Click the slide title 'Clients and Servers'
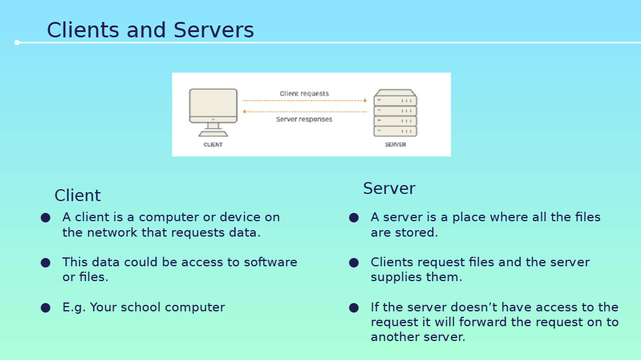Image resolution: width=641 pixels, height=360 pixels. [x=150, y=30]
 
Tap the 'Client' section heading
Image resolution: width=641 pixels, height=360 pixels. [x=78, y=195]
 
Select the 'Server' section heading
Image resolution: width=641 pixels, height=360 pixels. [x=389, y=189]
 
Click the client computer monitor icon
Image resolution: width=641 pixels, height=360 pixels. [x=213, y=112]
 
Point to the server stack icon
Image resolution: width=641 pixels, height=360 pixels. [x=395, y=113]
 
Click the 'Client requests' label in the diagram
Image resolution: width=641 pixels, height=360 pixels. [x=304, y=94]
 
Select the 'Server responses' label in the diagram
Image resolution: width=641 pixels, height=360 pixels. [x=304, y=119]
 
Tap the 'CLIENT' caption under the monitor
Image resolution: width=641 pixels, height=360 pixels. [x=213, y=145]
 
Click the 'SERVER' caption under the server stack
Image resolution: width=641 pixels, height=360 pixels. [x=395, y=145]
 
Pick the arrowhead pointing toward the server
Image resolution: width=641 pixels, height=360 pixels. [x=365, y=100]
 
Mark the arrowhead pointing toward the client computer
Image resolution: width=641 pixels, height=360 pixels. [x=245, y=111]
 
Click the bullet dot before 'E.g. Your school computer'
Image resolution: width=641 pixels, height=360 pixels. [x=45, y=308]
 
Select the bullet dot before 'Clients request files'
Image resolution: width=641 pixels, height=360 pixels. [x=354, y=263]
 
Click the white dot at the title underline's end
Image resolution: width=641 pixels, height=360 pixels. [x=17, y=43]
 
